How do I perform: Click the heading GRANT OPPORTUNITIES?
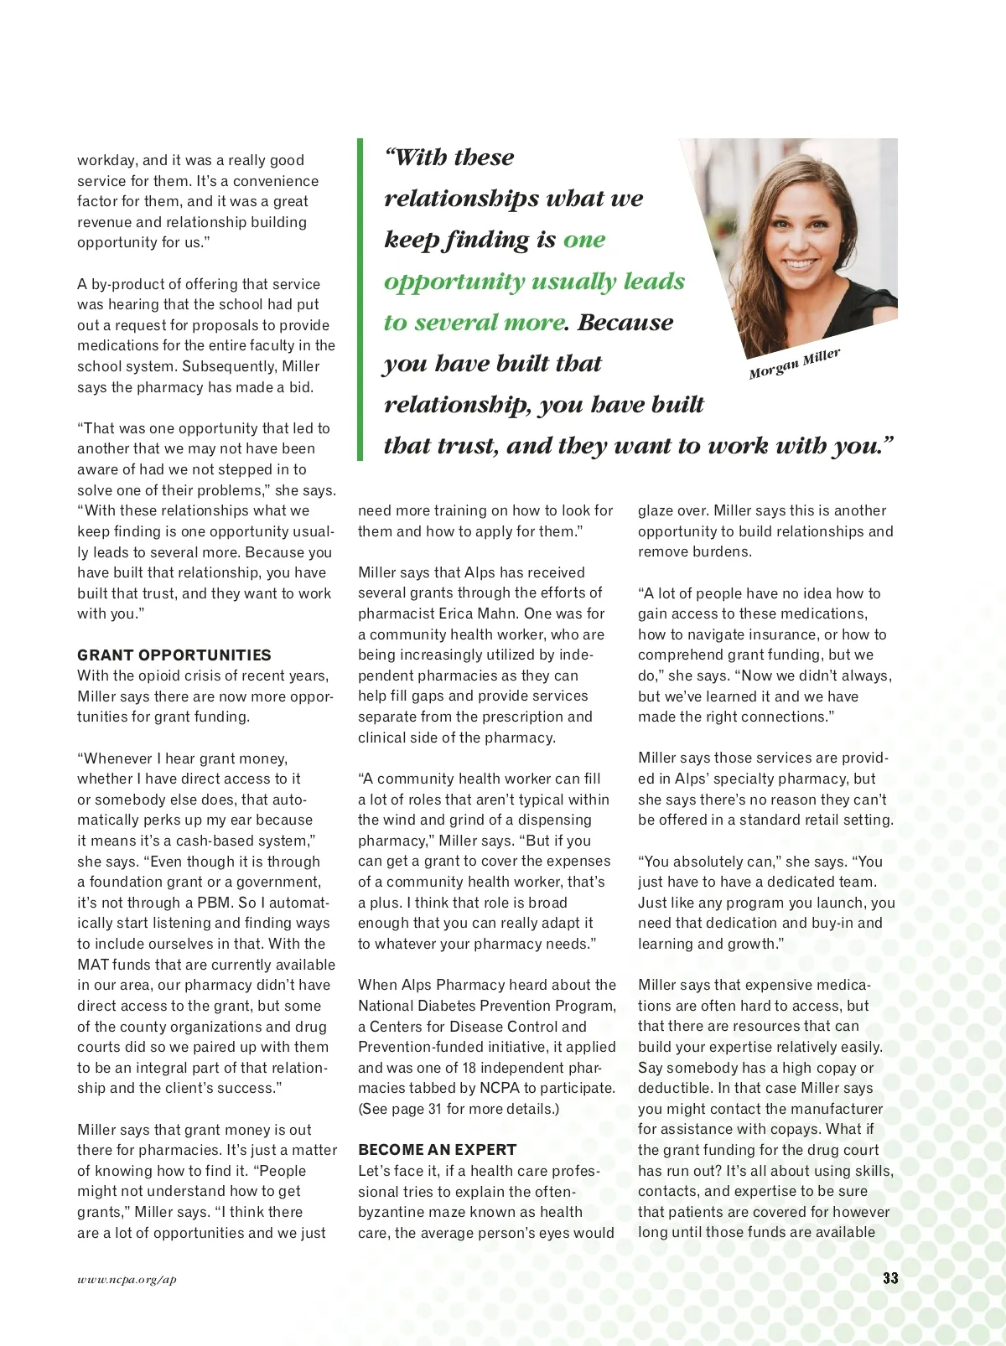[174, 655]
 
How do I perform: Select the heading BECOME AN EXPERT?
[437, 1150]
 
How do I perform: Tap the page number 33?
[890, 1278]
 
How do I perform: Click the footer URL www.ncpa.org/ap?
[127, 1280]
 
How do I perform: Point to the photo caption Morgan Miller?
[794, 364]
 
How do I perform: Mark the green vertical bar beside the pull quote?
[360, 299]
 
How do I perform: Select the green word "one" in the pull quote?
[584, 240]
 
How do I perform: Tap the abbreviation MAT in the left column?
[92, 965]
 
